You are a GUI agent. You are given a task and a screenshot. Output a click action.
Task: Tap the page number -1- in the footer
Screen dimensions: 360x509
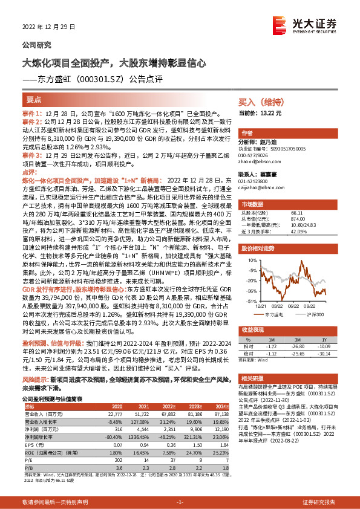tap(180, 502)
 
